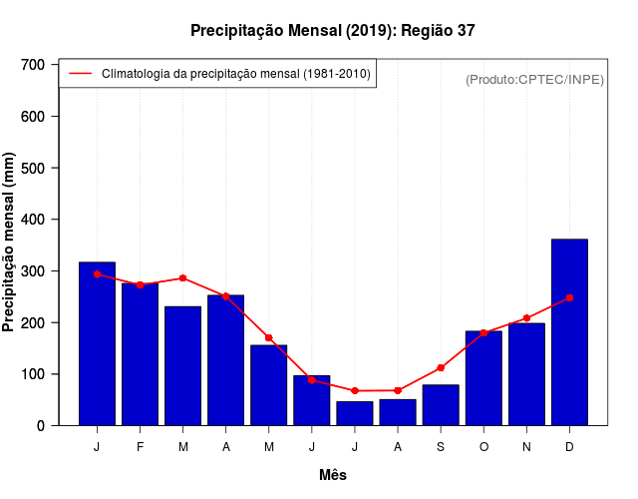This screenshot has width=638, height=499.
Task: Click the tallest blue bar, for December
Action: click(569, 332)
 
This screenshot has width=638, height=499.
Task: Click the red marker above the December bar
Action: click(569, 297)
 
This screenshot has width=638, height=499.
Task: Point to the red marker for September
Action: click(441, 368)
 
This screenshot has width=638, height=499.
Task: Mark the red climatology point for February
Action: click(140, 284)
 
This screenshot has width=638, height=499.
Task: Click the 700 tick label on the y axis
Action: click(33, 65)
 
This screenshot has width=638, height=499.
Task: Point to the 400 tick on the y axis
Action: click(33, 220)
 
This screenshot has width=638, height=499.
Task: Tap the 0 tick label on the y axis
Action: click(41, 426)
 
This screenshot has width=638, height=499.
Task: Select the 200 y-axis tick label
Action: click(33, 323)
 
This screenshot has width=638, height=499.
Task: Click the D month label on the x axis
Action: click(569, 447)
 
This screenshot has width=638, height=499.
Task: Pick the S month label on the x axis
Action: click(441, 447)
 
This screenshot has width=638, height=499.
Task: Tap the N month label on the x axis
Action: click(526, 447)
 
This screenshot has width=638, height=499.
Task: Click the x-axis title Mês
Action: click(333, 475)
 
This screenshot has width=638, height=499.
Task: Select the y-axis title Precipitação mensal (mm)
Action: click(9, 244)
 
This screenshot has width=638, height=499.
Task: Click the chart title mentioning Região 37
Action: click(333, 31)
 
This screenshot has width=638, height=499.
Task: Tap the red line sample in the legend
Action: click(80, 74)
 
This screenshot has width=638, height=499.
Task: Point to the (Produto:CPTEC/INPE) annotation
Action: click(534, 79)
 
